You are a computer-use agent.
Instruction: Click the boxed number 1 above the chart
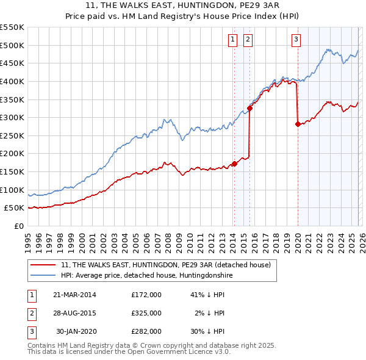[233, 40]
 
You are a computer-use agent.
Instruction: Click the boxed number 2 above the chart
[248, 40]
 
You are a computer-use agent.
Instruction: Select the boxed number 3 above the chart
[296, 40]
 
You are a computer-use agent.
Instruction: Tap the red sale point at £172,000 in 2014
[234, 164]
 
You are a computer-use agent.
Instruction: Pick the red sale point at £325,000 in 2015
[249, 109]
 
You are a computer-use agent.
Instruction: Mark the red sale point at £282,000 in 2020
[298, 124]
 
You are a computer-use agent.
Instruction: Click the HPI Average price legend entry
[146, 275]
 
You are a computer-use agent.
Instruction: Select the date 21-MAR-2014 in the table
[74, 294]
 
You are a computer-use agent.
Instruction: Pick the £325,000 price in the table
[146, 312]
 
